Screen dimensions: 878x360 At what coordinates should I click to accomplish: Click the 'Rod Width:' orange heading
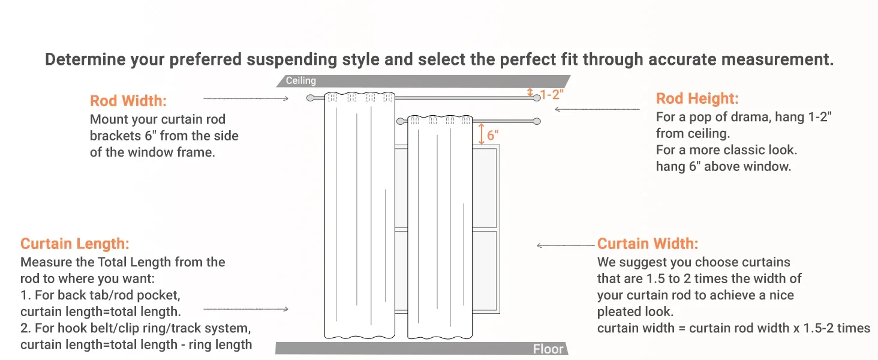(128, 101)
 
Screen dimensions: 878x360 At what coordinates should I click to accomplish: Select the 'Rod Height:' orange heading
(697, 98)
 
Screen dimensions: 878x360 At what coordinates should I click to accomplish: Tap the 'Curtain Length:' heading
(75, 244)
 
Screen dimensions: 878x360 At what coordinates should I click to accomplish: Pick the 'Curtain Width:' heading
(648, 244)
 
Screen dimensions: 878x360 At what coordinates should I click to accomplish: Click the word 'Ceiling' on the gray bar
(300, 80)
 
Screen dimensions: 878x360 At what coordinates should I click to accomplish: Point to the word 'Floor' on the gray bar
(548, 349)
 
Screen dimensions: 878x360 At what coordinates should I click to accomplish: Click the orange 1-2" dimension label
(552, 95)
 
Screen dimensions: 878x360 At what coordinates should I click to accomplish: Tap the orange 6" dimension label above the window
(493, 135)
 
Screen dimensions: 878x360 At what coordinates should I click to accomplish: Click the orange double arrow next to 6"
(482, 134)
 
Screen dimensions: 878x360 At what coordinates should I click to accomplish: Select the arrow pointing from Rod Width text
(246, 98)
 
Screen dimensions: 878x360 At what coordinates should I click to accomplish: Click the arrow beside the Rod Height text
(597, 109)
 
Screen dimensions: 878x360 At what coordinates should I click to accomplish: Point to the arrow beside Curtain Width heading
(566, 245)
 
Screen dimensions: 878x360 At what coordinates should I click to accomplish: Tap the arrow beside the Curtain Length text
(246, 309)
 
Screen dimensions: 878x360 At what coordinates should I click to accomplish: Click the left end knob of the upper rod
(310, 98)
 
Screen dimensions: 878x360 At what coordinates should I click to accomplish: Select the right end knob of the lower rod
(537, 121)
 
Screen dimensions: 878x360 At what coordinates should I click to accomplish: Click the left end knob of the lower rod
(400, 121)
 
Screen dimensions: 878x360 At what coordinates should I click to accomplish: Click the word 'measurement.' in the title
(777, 59)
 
